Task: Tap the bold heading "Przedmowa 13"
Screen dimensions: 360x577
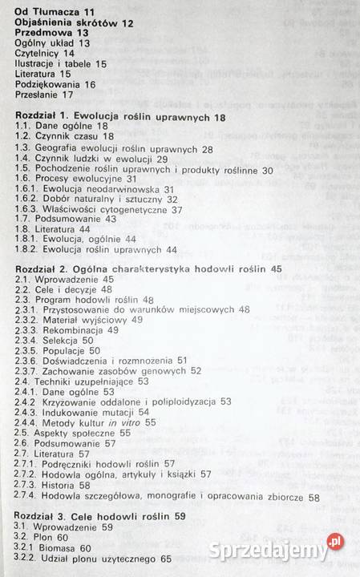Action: tap(45, 36)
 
